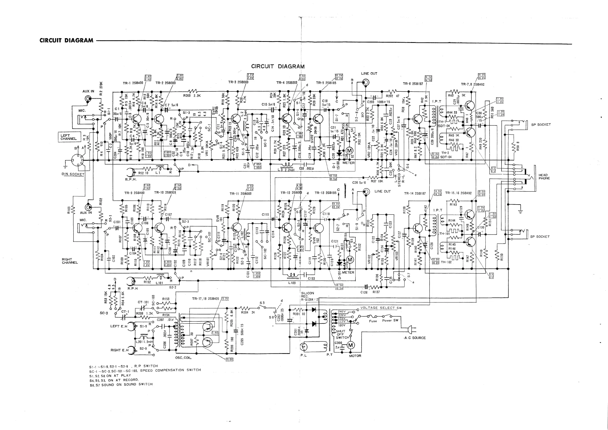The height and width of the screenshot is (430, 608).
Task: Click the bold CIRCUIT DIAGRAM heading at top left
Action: (66, 41)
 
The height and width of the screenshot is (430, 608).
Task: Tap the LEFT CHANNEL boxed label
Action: (69, 137)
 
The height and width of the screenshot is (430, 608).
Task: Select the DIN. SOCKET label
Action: (73, 174)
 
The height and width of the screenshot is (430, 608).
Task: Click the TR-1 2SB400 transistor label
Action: (133, 83)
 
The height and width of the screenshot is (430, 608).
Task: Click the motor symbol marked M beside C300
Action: (351, 345)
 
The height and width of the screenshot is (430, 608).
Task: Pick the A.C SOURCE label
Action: (415, 338)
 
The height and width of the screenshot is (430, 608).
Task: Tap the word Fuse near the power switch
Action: (373, 321)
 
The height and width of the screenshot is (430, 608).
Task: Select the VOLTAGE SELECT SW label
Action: (381, 308)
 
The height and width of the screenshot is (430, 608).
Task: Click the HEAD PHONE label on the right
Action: (544, 177)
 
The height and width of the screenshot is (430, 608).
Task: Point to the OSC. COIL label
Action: (183, 358)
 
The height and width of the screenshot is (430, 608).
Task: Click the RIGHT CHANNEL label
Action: (70, 261)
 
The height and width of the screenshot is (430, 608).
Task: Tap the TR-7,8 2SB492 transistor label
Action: (473, 85)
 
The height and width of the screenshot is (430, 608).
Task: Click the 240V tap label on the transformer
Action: (342, 312)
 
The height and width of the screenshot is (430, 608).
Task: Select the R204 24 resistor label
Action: (248, 313)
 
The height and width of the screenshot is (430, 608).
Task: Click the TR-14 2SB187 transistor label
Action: (415, 194)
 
